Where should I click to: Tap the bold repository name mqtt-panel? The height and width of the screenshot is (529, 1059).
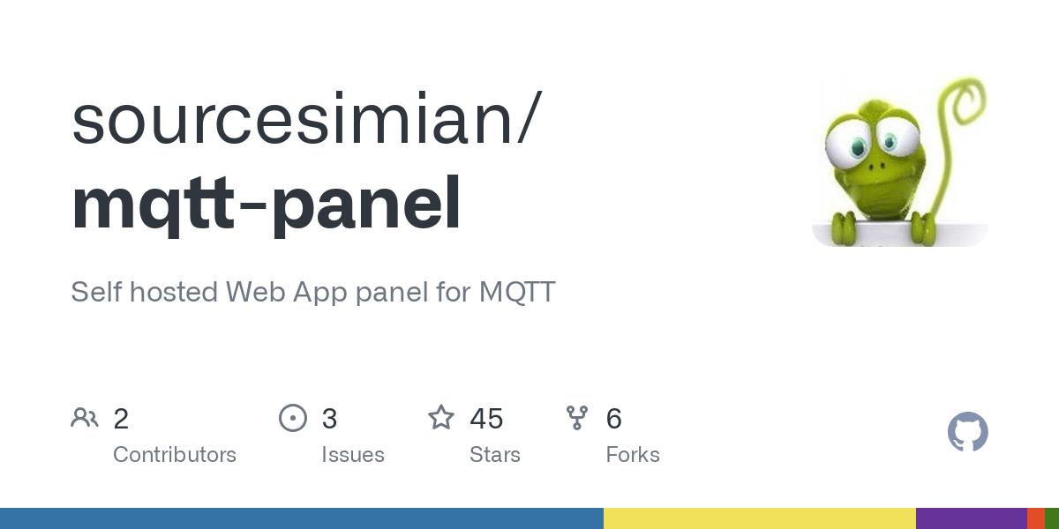click(x=266, y=205)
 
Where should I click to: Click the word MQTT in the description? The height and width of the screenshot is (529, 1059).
click(x=517, y=292)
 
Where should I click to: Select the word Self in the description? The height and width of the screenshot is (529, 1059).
click(x=96, y=292)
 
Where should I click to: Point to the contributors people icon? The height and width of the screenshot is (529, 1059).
click(x=85, y=418)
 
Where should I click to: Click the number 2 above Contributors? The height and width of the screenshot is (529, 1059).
click(x=121, y=419)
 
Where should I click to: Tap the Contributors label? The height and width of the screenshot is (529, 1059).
click(x=175, y=455)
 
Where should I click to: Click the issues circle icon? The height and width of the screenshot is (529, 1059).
click(x=292, y=418)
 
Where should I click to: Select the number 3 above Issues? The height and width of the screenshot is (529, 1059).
click(x=329, y=419)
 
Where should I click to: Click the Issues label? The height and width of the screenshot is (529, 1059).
click(x=353, y=455)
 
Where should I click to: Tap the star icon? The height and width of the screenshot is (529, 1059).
click(x=441, y=418)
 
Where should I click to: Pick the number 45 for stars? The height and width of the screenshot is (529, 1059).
click(x=486, y=419)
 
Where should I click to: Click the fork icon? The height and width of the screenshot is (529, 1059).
click(x=577, y=418)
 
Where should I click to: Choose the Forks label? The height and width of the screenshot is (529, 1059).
click(x=633, y=455)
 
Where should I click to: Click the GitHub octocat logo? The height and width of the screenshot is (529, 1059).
click(x=967, y=432)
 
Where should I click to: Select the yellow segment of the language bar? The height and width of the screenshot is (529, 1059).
click(x=759, y=518)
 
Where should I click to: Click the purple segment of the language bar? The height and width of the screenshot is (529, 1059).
click(x=971, y=518)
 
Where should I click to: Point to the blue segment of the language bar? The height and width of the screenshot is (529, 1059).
click(x=301, y=518)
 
